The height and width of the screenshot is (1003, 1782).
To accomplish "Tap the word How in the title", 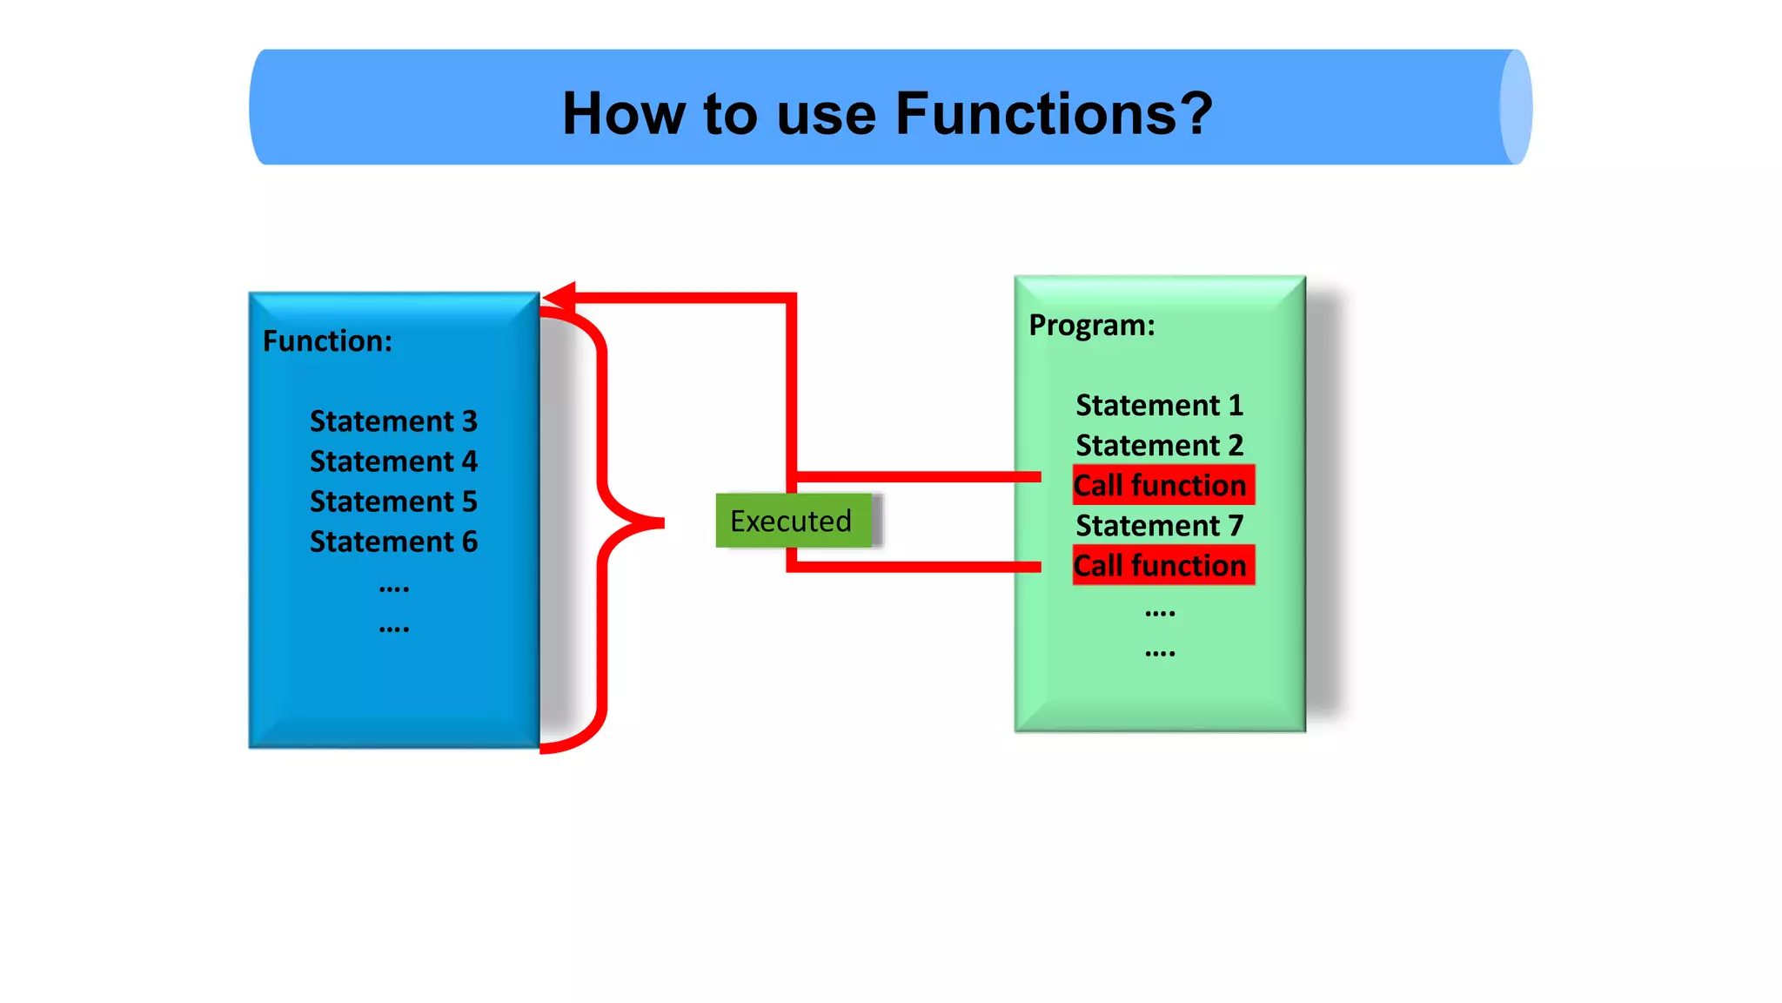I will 623,114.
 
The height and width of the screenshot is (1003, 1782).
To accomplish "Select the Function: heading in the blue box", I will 327,341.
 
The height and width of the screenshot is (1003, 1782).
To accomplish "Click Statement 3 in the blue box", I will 393,421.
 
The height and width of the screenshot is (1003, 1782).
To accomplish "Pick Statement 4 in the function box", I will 393,461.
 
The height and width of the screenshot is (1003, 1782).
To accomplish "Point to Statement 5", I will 393,501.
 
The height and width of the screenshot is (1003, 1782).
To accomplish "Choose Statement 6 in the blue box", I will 393,542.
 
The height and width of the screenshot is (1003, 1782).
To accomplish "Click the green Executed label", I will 791,521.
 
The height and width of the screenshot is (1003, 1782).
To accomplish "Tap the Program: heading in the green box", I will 1092,326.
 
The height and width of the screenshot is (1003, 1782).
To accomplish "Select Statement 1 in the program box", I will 1159,406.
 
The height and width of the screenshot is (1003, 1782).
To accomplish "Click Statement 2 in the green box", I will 1159,446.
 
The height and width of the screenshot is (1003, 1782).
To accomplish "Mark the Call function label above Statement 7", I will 1162,485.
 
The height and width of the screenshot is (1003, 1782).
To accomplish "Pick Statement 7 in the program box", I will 1159,526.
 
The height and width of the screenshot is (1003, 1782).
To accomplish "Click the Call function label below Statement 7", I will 1162,565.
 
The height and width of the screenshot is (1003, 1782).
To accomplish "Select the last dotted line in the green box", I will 1159,653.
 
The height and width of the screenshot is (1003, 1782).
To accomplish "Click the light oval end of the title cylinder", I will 1515,107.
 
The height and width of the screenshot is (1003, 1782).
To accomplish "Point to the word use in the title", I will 826,114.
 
